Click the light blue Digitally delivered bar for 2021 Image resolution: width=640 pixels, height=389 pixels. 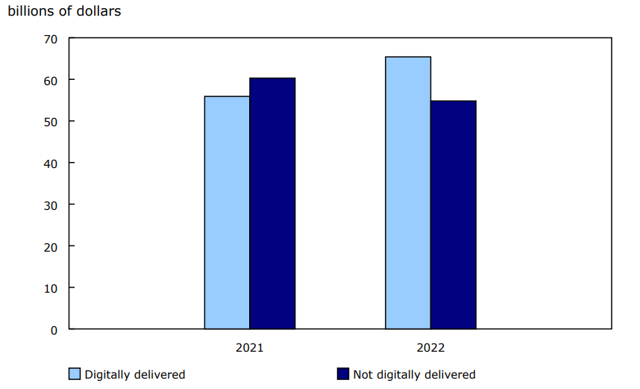[227, 213]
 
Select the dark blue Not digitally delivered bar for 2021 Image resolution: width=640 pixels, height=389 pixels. [272, 203]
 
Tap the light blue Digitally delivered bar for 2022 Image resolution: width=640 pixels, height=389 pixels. [408, 193]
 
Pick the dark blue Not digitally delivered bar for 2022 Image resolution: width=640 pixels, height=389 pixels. [454, 215]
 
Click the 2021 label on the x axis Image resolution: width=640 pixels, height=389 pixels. [249, 348]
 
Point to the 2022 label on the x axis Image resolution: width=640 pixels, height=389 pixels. [430, 348]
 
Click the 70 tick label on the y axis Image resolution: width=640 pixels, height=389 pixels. [50, 38]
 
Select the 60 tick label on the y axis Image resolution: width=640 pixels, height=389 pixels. [50, 80]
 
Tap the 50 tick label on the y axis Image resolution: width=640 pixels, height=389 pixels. [50, 121]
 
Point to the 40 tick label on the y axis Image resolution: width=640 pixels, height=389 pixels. [50, 163]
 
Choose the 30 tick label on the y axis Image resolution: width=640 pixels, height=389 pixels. [50, 204]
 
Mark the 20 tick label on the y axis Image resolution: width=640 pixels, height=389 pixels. [50, 246]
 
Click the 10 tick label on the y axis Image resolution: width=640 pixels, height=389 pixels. [50, 287]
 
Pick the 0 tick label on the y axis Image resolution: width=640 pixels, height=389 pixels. [53, 329]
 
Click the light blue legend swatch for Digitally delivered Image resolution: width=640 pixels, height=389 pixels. [75, 374]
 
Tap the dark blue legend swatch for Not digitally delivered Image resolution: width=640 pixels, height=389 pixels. [343, 374]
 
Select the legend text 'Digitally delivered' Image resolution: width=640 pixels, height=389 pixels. [134, 375]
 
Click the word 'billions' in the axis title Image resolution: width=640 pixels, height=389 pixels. [30, 13]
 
